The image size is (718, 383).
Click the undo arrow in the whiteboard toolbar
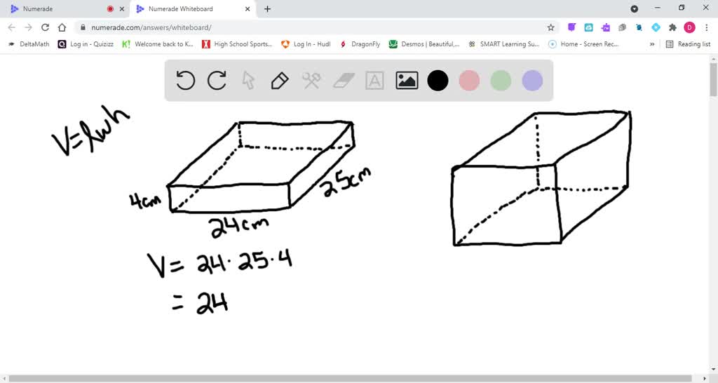point(185,81)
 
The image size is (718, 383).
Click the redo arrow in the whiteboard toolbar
point(217,81)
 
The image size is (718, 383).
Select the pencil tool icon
point(279,81)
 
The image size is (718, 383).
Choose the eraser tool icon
point(344,81)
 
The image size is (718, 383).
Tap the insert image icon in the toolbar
point(407,81)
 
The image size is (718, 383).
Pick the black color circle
point(438,81)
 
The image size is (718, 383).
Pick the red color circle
point(469,81)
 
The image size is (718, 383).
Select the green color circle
point(501,81)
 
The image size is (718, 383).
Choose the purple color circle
point(532,81)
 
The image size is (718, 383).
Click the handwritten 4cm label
point(145,201)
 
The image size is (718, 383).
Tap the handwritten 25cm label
point(346,182)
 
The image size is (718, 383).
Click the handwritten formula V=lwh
point(90,132)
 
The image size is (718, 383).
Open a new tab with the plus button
point(267,9)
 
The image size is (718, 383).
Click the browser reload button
point(46,27)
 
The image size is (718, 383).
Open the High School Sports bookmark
point(237,43)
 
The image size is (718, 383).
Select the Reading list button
point(688,43)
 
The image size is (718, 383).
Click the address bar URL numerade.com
point(151,27)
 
